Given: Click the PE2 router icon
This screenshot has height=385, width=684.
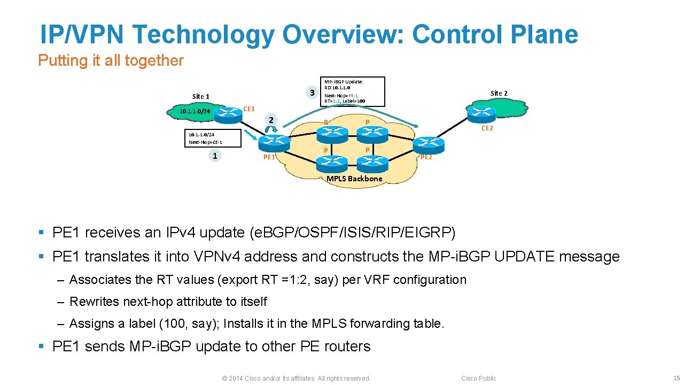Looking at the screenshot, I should click(x=428, y=143).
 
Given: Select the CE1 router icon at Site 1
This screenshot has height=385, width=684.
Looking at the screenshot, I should click(x=230, y=112).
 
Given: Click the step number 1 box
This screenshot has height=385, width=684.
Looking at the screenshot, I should click(x=214, y=156).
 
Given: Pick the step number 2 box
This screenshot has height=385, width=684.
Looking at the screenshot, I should click(x=271, y=120).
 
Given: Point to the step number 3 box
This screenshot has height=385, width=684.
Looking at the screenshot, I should click(x=312, y=93).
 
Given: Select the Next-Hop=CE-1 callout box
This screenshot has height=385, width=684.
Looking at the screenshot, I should click(x=213, y=138).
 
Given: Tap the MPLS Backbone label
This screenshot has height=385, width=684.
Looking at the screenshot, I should click(x=354, y=179).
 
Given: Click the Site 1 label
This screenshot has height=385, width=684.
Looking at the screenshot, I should click(x=200, y=96).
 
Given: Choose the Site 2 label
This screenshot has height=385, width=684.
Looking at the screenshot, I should click(x=499, y=93).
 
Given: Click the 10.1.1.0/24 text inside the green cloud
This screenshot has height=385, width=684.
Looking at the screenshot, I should click(x=195, y=111).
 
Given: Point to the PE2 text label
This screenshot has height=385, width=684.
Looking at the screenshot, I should click(x=426, y=157).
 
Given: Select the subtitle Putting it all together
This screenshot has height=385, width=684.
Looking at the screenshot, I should click(x=111, y=60).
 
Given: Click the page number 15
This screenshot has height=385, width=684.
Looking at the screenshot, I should click(x=677, y=378).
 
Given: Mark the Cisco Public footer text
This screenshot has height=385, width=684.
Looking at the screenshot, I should click(x=478, y=378).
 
